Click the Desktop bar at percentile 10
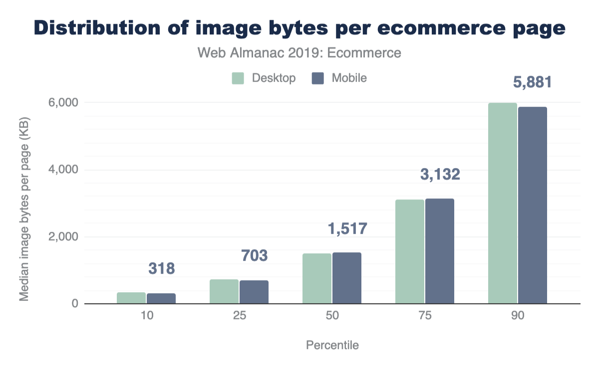pyautogui.click(x=131, y=298)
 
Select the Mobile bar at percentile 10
pyautogui.click(x=161, y=298)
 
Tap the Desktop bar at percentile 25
pyautogui.click(x=224, y=291)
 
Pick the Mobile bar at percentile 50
pyautogui.click(x=347, y=278)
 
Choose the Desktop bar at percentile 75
pyautogui.click(x=410, y=251)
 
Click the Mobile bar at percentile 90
pyautogui.click(x=533, y=205)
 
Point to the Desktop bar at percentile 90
pyautogui.click(x=503, y=203)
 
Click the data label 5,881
pyautogui.click(x=533, y=82)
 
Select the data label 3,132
pyautogui.click(x=440, y=174)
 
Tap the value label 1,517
pyautogui.click(x=347, y=228)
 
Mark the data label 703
pyautogui.click(x=254, y=256)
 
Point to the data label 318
pyautogui.click(x=161, y=269)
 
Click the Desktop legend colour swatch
pyautogui.click(x=238, y=78)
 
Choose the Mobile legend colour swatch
pyautogui.click(x=318, y=78)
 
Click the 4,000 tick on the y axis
pyautogui.click(x=66, y=170)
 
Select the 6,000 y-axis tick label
pyautogui.click(x=66, y=103)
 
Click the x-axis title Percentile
pyautogui.click(x=332, y=345)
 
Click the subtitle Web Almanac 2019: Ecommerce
pyautogui.click(x=299, y=53)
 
